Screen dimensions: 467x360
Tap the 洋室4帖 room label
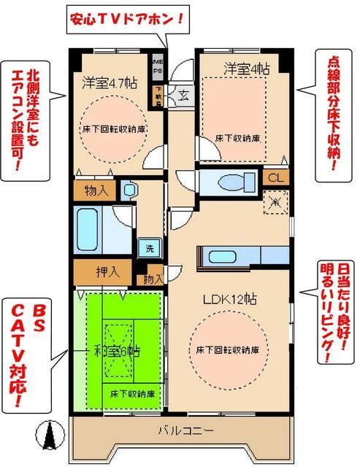pyautogui.click(x=235, y=69)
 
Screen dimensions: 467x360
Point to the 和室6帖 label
pyautogui.click(x=117, y=351)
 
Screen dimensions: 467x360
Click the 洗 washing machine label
pyautogui.click(x=149, y=247)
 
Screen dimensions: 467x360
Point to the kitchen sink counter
pyautogui.click(x=234, y=256)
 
